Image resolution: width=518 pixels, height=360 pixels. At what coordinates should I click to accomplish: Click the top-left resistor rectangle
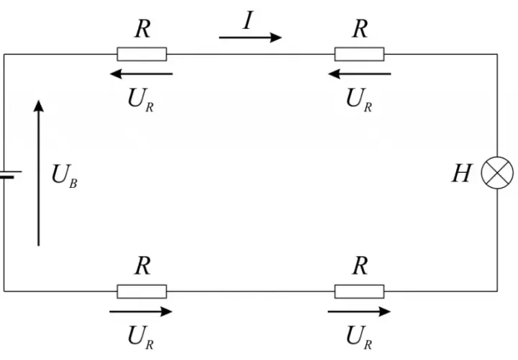[x=142, y=54]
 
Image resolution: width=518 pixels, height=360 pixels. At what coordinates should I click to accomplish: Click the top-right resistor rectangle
[x=360, y=54]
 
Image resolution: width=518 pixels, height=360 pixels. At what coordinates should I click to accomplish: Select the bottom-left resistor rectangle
[x=142, y=291]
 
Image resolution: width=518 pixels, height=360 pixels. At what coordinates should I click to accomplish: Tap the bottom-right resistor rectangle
[x=360, y=291]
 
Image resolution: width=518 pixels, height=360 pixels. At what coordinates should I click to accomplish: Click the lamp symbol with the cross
[x=497, y=173]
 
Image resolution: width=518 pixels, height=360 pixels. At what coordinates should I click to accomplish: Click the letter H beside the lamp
[x=462, y=173]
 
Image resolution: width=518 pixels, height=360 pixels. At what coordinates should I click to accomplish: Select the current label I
[x=248, y=20]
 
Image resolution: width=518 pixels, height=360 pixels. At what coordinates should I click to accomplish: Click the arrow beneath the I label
[x=250, y=37]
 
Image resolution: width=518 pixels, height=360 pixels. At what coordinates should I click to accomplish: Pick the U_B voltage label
[x=65, y=176]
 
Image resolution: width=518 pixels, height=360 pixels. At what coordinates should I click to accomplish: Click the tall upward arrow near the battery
[x=39, y=173]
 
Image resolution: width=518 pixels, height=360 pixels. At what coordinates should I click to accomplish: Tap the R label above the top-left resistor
[x=142, y=29]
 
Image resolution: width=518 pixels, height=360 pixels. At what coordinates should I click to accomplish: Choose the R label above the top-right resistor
[x=360, y=29]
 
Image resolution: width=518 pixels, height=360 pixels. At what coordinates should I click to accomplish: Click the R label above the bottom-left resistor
[x=142, y=266]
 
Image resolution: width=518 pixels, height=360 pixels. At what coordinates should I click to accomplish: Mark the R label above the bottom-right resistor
[x=360, y=266]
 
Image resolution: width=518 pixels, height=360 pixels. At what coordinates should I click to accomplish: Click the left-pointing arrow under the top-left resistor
[x=142, y=73]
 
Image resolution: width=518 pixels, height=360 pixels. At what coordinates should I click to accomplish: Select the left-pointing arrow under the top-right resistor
[x=360, y=73]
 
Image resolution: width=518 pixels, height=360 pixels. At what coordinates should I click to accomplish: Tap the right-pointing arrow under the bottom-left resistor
[x=141, y=312]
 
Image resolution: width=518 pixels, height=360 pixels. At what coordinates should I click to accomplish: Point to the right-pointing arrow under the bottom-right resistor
[x=359, y=312]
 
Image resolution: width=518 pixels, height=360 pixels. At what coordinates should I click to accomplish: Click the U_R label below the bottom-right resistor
[x=359, y=337]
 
